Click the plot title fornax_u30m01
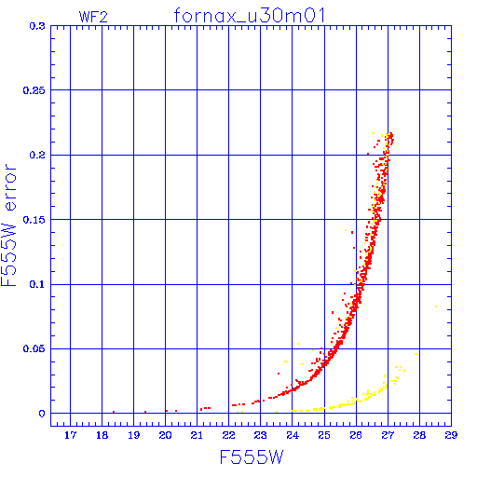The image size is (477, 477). pyautogui.click(x=250, y=16)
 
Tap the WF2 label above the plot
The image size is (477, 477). pyautogui.click(x=93, y=17)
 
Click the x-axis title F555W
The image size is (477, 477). pyautogui.click(x=252, y=457)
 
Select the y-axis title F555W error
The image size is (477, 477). pyautogui.click(x=8, y=225)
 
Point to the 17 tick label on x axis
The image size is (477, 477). pyautogui.click(x=70, y=435)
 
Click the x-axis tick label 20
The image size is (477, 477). pyautogui.click(x=165, y=435)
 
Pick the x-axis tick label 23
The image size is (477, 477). pyautogui.click(x=260, y=435)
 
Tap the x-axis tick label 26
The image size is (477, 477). pyautogui.click(x=356, y=435)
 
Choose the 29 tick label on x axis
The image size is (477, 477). pyautogui.click(x=451, y=435)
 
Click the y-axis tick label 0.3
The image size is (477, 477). pyautogui.click(x=37, y=26)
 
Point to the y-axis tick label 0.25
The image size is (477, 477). pyautogui.click(x=34, y=90)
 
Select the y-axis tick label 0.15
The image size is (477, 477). pyautogui.click(x=34, y=220)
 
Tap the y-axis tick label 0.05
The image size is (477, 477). pyautogui.click(x=34, y=348)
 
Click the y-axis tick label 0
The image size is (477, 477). pyautogui.click(x=42, y=414)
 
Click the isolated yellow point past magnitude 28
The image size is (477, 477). pyautogui.click(x=436, y=307)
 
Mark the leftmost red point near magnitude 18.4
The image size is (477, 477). pyautogui.click(x=114, y=412)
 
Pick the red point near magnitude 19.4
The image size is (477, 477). pyautogui.click(x=145, y=412)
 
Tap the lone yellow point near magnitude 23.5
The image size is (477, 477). pyautogui.click(x=277, y=412)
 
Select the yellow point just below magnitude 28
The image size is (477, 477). pyautogui.click(x=416, y=354)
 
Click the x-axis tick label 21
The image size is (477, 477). pyautogui.click(x=197, y=435)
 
